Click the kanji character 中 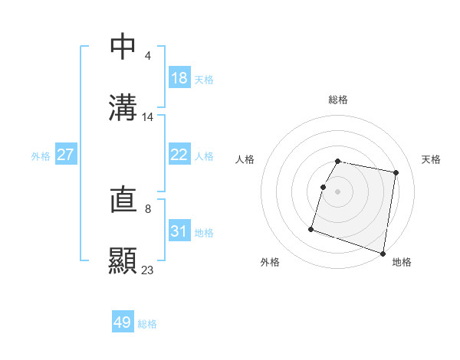tap(123, 46)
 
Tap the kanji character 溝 tap(123, 107)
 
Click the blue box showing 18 tap(179, 78)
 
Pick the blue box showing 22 tap(179, 155)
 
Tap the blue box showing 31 tap(179, 231)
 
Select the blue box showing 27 tap(66, 155)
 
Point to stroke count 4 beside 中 tap(147, 55)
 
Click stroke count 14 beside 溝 tap(148, 117)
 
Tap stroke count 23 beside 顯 tap(148, 270)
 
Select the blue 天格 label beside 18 tap(204, 79)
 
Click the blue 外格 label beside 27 tap(41, 155)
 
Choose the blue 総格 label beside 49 tap(147, 324)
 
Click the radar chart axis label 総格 tap(338, 100)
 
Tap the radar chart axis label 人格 tap(245, 159)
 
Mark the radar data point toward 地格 tap(383, 253)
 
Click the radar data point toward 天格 tap(396, 173)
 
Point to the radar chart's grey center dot tap(338, 191)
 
